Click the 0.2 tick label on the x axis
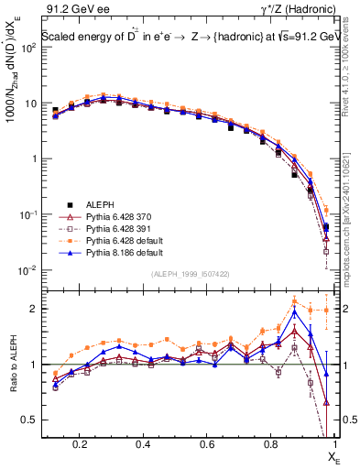click(x=81, y=443)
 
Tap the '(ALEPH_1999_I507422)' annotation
click(x=191, y=273)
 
